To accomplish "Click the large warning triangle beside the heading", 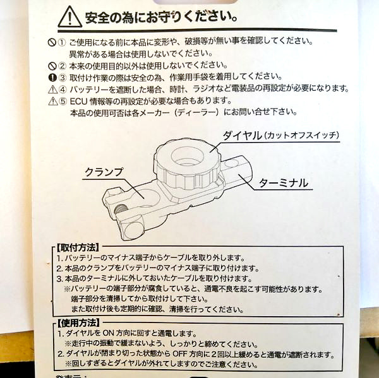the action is pos(70,17).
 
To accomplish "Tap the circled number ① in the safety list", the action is pos(62,43).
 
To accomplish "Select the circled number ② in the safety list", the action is pos(62,66).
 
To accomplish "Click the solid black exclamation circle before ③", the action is pos(52,78).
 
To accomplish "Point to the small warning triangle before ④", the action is pos(52,90).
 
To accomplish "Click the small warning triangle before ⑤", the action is pos(53,101).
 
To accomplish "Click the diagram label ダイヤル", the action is pos(242,135).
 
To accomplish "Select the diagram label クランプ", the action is pos(104,172).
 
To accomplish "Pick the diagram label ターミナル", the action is pos(284,183).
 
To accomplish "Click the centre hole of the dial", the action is pos(187,156).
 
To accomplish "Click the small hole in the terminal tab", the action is pos(230,164).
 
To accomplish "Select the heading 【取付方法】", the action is pos(78,247).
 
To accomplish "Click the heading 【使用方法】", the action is pos(78,323).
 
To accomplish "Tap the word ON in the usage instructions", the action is pos(108,333).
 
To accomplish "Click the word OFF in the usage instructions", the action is pos(180,354).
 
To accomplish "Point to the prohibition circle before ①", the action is pos(52,43).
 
